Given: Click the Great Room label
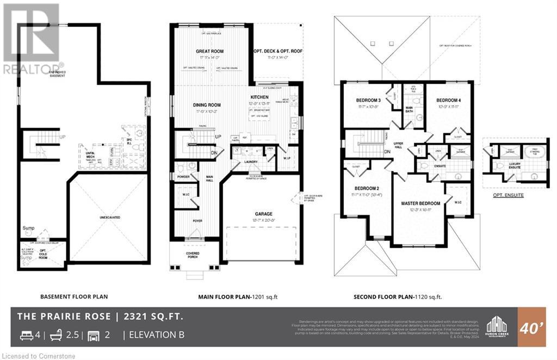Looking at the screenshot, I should click(210, 52).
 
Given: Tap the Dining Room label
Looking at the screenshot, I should click(207, 105).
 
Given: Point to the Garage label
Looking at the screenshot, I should click(263, 214).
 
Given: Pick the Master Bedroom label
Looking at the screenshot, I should click(417, 203).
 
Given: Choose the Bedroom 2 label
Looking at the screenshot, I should click(361, 188).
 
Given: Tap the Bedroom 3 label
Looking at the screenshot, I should click(368, 100).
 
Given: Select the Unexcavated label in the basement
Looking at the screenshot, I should click(109, 217).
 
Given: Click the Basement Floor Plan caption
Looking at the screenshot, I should click(74, 297).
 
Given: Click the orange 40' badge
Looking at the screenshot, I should click(531, 327).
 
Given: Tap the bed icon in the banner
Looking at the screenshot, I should click(26, 334).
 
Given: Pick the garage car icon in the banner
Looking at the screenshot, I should click(93, 334).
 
